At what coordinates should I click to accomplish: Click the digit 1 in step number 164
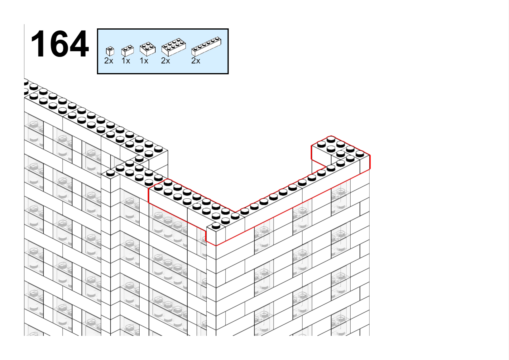pos(38,43)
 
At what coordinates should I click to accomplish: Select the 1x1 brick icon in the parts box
pos(110,51)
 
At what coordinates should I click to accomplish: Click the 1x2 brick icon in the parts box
pos(128,51)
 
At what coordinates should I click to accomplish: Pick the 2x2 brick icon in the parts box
pos(148,49)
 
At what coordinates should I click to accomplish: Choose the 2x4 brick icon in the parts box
pos(173,47)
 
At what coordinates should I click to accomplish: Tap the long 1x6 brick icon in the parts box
pos(206,46)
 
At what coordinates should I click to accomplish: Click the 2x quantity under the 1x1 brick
pos(109,61)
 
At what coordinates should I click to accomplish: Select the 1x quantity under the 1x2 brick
pos(126,61)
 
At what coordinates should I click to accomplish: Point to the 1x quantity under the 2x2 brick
pos(144,61)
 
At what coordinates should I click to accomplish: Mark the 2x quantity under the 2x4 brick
pos(165,61)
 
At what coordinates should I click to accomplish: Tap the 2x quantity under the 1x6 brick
pos(196,61)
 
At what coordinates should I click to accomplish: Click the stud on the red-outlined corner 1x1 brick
pos(216,225)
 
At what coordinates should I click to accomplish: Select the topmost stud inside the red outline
pos(331,139)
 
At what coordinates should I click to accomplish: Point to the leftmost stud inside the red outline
pos(158,187)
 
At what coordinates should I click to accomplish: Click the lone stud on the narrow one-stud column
pos(110,173)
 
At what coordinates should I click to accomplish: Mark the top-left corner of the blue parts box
pos(98,29)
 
